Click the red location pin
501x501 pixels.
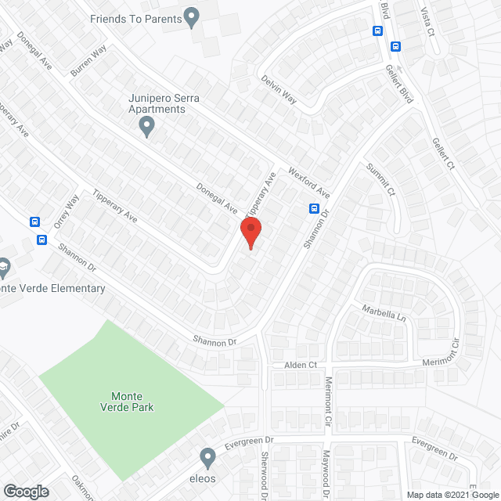[x=250, y=233]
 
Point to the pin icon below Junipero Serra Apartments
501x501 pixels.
[x=146, y=128]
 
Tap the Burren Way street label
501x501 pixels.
[x=88, y=60]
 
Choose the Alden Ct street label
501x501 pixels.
[x=301, y=366]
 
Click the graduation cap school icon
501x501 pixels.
[x=4, y=267]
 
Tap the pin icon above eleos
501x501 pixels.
[x=207, y=455]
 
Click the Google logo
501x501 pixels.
[x=25, y=492]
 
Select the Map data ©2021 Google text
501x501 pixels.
[x=452, y=495]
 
